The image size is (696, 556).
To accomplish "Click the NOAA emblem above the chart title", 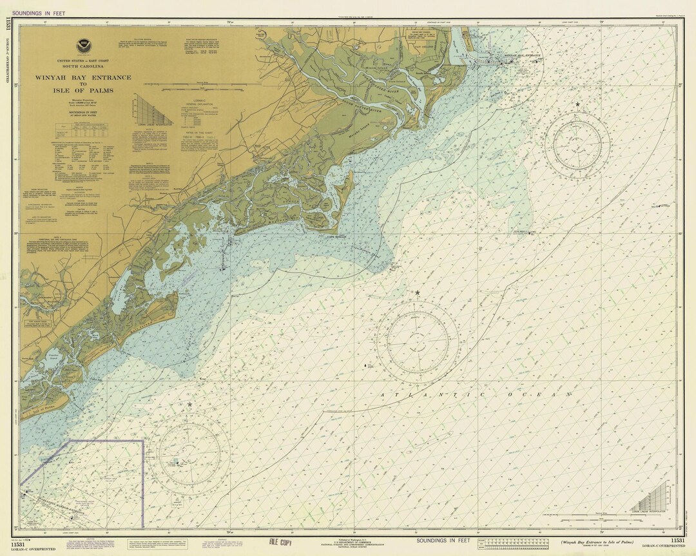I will click(x=82, y=46).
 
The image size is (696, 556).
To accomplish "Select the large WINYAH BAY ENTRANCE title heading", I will click(x=83, y=77).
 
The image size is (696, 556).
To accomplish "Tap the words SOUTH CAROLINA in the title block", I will click(x=83, y=66).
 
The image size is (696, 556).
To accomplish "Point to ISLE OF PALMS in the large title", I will click(x=83, y=90).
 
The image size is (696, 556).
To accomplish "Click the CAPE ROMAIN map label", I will click(x=338, y=236).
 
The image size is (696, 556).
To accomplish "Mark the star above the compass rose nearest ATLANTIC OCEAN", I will click(x=418, y=293).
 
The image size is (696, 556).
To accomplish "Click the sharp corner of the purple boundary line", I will click(x=142, y=441).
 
